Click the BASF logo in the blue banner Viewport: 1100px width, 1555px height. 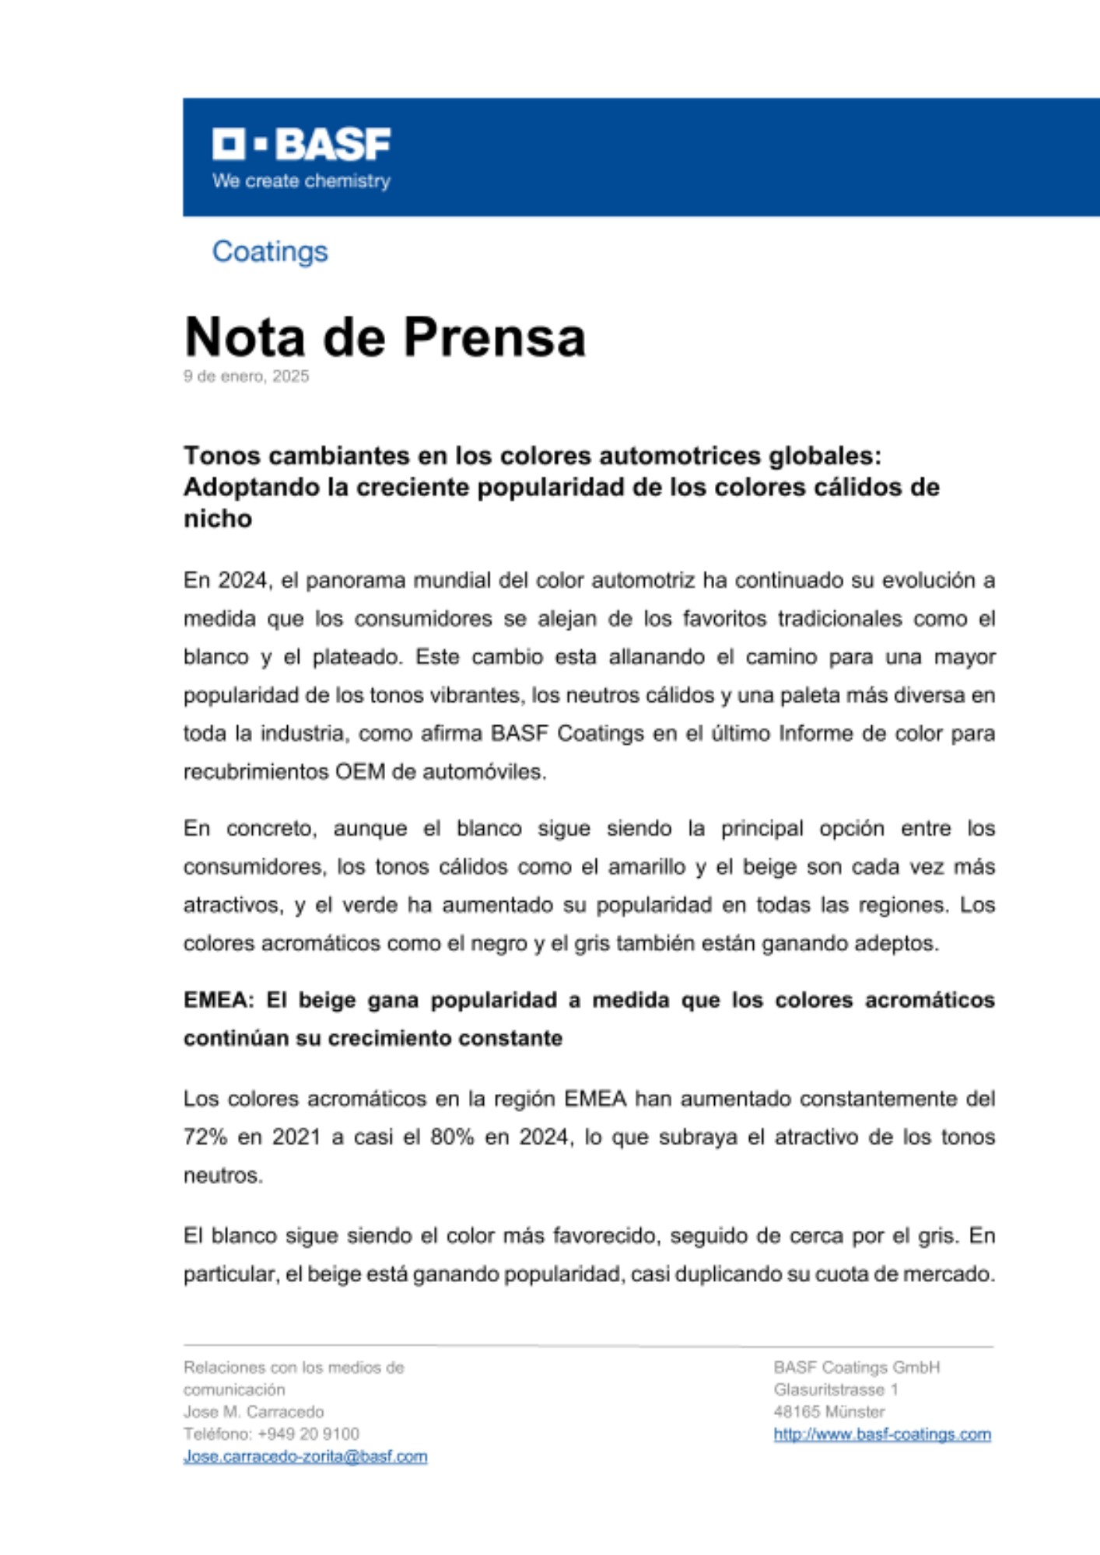(x=301, y=144)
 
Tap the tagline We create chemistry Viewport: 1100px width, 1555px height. (x=301, y=181)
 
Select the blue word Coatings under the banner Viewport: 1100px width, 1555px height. (x=270, y=252)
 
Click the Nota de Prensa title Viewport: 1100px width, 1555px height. (x=384, y=337)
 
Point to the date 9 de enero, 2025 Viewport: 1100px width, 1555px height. (x=246, y=376)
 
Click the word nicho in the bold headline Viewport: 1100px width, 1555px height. (x=217, y=519)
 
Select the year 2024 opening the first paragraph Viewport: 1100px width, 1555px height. (x=243, y=581)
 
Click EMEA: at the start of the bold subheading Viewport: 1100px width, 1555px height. (x=219, y=1000)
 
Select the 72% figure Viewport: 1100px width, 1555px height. (x=205, y=1137)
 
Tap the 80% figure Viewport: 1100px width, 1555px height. (x=452, y=1137)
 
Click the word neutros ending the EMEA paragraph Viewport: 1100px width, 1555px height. (x=222, y=1176)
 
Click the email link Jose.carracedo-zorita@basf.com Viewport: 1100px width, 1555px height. (x=305, y=1456)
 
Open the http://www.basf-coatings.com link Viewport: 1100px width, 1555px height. (x=881, y=1434)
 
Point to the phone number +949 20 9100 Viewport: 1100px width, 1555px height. (x=308, y=1434)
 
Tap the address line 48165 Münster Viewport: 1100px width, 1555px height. (x=829, y=1412)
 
